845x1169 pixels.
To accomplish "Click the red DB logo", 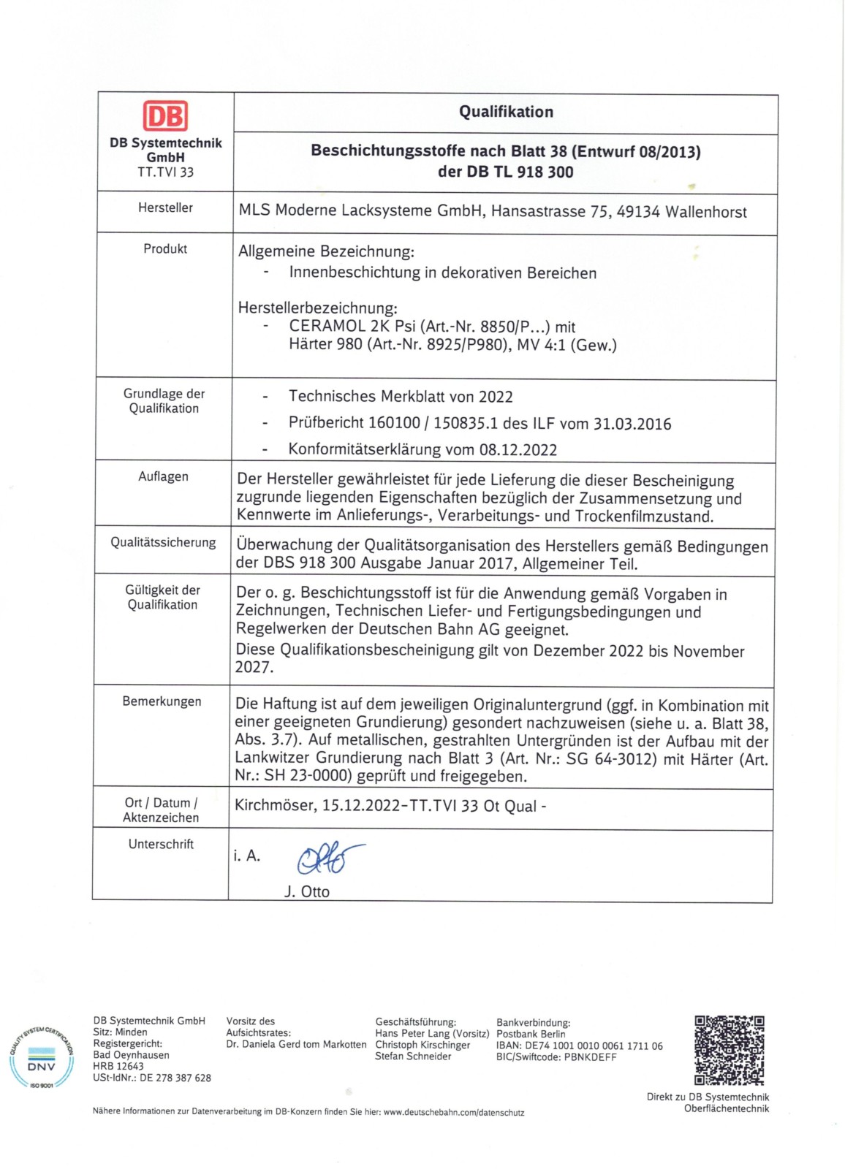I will [165, 117].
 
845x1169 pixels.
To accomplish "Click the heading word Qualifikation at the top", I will [506, 112].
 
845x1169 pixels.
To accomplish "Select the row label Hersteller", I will [165, 208].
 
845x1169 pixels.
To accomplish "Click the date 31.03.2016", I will [632, 424].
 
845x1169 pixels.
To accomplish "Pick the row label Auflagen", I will [163, 476].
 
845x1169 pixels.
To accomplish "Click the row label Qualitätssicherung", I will [163, 542].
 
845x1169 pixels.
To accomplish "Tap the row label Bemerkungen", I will [162, 701].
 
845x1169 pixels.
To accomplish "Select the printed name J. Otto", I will [307, 892].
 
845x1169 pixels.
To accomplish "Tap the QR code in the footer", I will [729, 1050].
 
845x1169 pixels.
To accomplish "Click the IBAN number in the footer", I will [594, 1046].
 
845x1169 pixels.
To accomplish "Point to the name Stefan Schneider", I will [413, 1056].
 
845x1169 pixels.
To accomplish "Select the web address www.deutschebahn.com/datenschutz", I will [454, 1112].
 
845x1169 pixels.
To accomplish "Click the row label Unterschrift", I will [161, 844].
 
